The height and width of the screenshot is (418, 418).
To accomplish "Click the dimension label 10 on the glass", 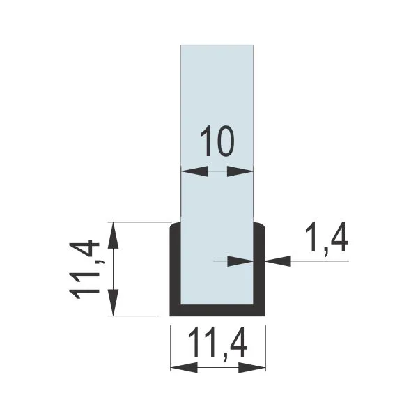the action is pyautogui.click(x=217, y=141).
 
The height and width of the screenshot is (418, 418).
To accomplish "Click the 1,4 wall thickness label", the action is pyautogui.click(x=326, y=238).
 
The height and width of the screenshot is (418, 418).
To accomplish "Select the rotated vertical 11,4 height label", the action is pyautogui.click(x=85, y=270).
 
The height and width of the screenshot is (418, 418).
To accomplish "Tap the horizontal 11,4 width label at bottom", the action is pyautogui.click(x=217, y=346).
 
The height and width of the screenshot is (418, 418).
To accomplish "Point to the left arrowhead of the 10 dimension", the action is pyautogui.click(x=194, y=171).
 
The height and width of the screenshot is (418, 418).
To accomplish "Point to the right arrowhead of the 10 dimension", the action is pyautogui.click(x=240, y=171).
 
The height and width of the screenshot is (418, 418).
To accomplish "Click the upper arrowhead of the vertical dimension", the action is pyautogui.click(x=113, y=235).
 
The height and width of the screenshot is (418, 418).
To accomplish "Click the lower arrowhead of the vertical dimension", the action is pyautogui.click(x=113, y=302).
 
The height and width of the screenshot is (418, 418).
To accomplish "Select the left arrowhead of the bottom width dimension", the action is pyautogui.click(x=184, y=368).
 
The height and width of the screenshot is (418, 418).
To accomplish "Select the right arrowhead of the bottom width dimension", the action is pyautogui.click(x=252, y=368).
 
